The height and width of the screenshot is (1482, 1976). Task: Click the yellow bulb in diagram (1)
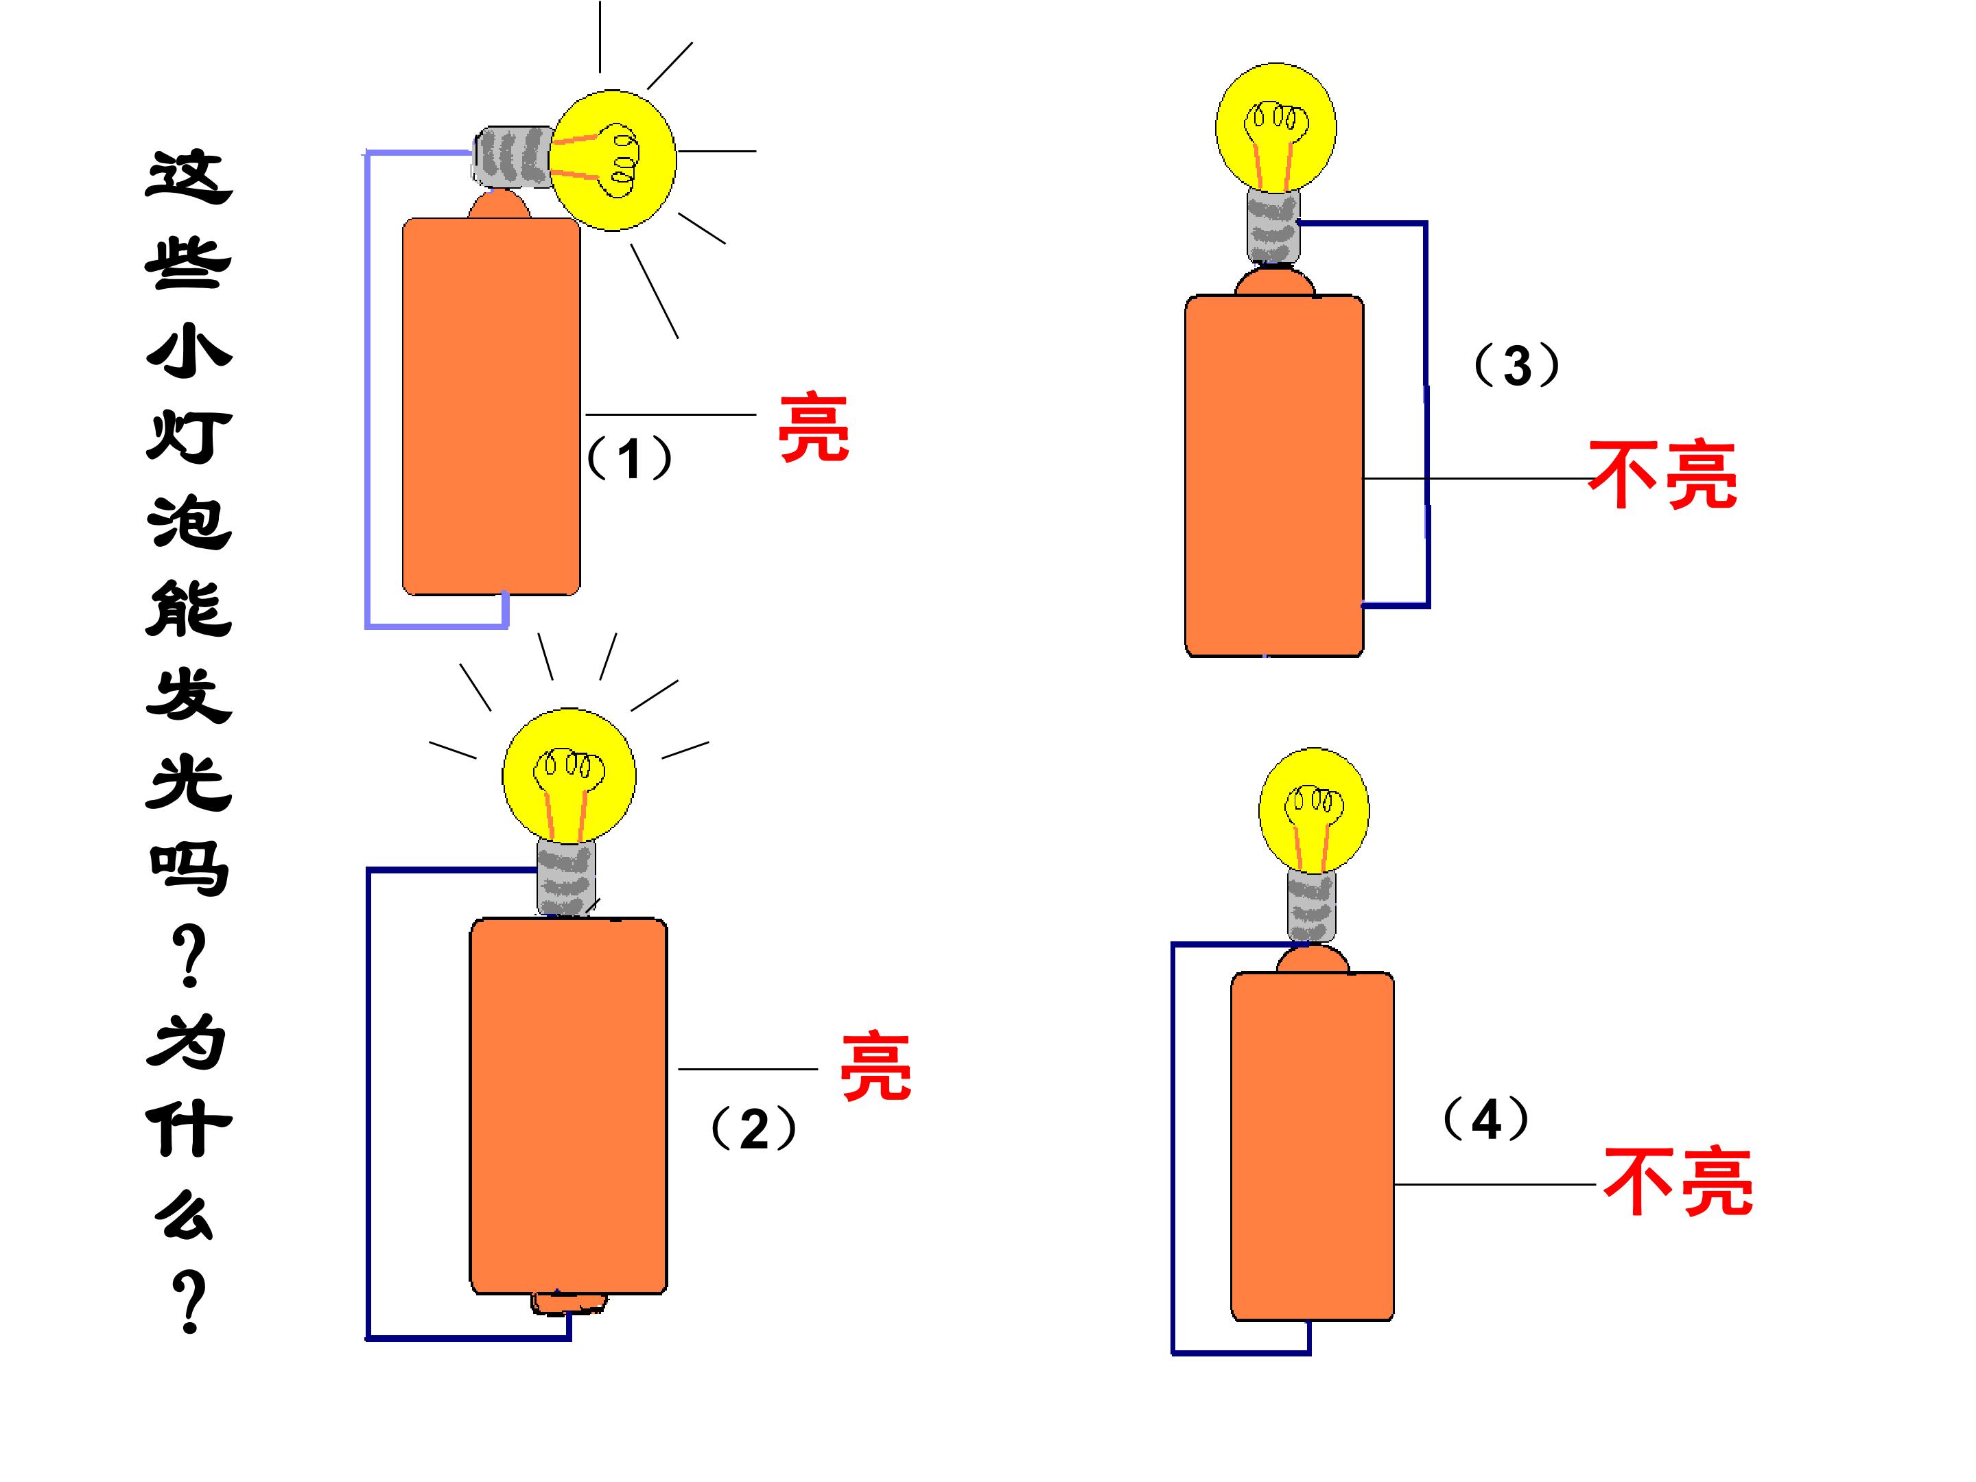tap(612, 160)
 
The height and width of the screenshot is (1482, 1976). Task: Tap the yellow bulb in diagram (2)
tap(569, 775)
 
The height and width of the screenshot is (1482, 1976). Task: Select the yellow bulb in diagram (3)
tap(1275, 128)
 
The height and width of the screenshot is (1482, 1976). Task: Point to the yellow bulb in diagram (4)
tap(1313, 810)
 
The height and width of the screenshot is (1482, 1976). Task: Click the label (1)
tap(629, 458)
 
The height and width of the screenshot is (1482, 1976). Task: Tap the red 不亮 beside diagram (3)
tap(1662, 474)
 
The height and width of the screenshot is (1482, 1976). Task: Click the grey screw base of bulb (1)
tap(513, 156)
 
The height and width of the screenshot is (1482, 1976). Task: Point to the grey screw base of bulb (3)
tap(1273, 227)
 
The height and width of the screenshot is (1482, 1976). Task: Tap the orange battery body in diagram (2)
tap(568, 1105)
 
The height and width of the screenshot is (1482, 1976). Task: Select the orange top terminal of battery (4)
tap(1313, 959)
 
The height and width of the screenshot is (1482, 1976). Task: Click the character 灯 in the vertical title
tap(189, 437)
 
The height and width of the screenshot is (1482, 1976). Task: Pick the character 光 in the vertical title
tap(189, 783)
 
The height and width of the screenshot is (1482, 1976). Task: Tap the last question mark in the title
tap(189, 1302)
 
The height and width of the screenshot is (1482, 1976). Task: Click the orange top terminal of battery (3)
tap(1275, 282)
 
